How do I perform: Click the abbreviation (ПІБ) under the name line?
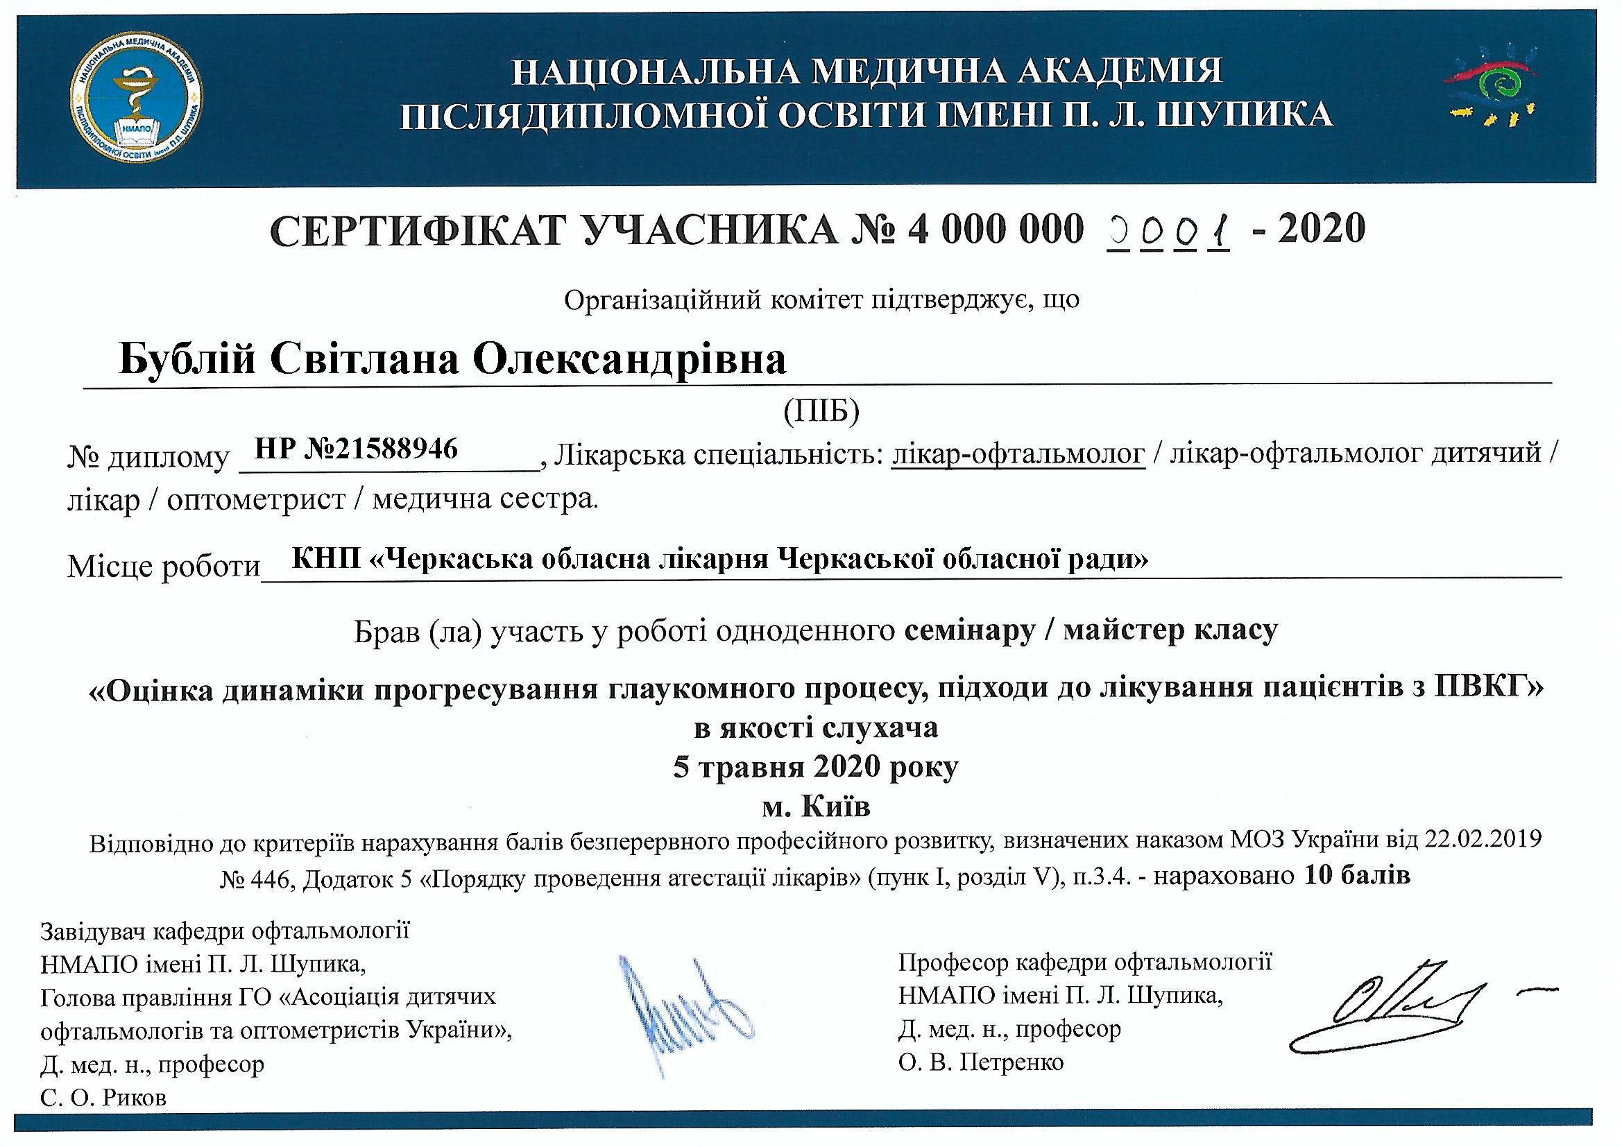click(821, 411)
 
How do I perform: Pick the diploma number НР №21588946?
click(356, 449)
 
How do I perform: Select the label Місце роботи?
click(164, 567)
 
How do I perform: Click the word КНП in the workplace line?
click(326, 560)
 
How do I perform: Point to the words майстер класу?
click(1170, 629)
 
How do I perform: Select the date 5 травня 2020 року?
click(816, 766)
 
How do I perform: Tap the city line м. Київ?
click(816, 806)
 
